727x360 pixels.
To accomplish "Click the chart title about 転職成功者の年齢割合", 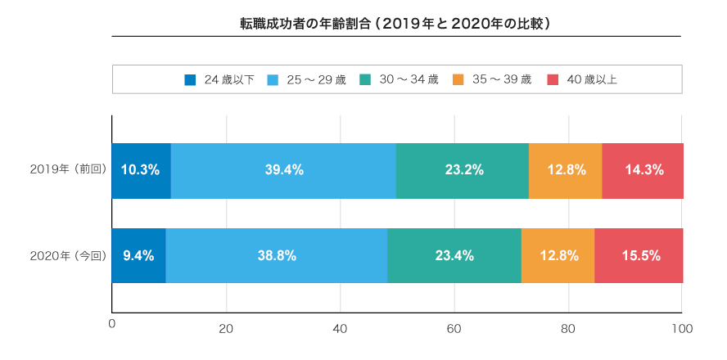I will tap(395, 25).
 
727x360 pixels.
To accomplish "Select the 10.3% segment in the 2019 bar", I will tap(141, 170).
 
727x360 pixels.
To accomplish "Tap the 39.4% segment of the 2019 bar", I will tap(283, 170).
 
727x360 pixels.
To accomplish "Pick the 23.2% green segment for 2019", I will tap(463, 170).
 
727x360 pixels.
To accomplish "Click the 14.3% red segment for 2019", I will tap(643, 170).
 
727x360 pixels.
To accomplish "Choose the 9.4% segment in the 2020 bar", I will tap(138, 255).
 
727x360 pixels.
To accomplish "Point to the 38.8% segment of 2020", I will tap(276, 255).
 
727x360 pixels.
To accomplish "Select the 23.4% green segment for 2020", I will tap(454, 255).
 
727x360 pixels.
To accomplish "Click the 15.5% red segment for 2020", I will tap(639, 255).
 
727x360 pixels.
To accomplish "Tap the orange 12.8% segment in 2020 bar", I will tap(558, 255).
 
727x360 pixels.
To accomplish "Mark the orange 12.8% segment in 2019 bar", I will tap(566, 170).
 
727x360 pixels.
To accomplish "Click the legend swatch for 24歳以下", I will tap(191, 80).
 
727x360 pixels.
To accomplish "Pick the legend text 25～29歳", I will tap(316, 80).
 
